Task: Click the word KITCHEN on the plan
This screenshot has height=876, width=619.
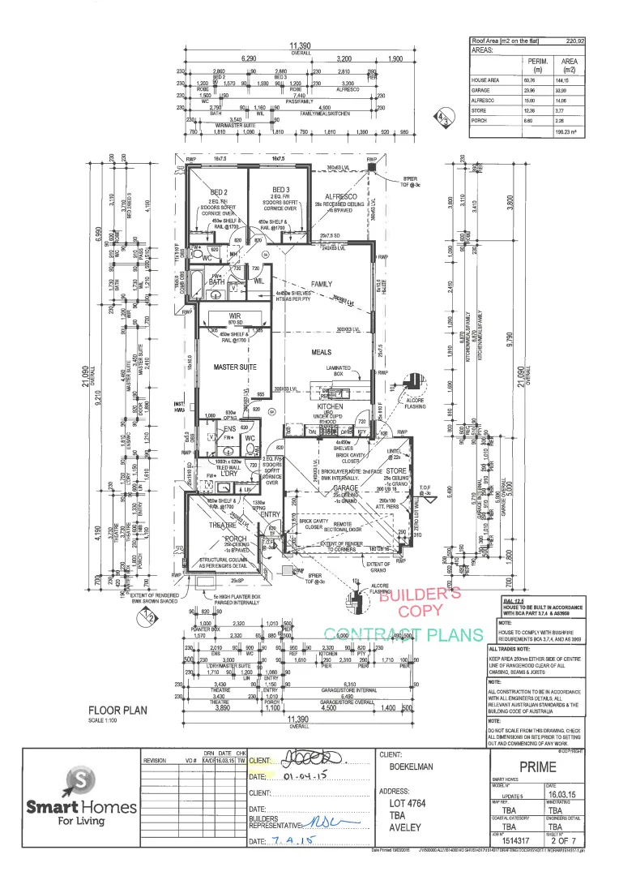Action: pos(330,406)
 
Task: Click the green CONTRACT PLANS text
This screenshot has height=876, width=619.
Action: pos(403,634)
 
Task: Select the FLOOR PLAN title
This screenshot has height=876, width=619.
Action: pos(121,710)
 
